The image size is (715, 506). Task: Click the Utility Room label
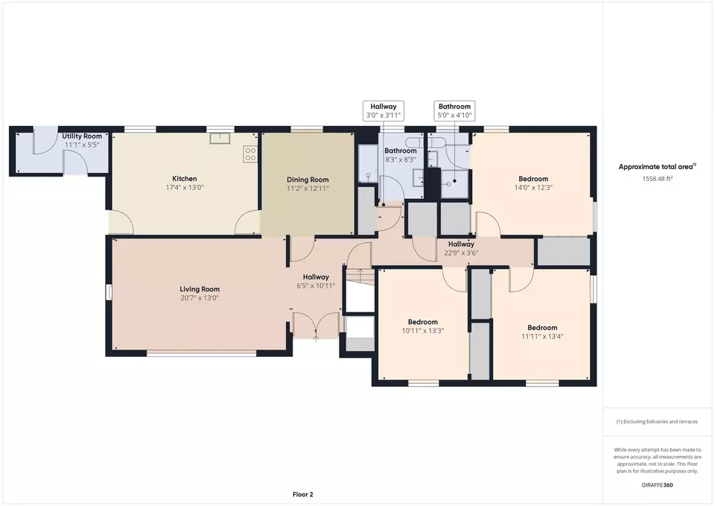(82, 136)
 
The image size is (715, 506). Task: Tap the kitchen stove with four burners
(250, 154)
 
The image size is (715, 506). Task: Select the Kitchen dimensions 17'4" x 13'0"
(185, 188)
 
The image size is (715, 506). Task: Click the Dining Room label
(308, 180)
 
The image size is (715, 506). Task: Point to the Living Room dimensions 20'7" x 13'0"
(200, 298)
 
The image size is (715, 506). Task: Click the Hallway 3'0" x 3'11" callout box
(384, 111)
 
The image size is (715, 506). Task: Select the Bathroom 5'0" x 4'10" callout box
(454, 111)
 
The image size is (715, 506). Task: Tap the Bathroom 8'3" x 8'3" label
(401, 155)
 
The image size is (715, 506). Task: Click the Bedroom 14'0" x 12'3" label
(533, 183)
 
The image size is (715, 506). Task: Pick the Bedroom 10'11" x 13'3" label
(423, 326)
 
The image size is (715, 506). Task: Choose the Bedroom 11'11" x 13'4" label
(542, 332)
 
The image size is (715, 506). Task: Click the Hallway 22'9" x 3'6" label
(461, 249)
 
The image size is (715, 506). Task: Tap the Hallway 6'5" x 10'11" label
(316, 281)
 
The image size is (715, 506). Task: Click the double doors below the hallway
(316, 326)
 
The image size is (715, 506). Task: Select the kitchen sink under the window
(220, 139)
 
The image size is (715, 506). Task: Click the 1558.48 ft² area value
(658, 178)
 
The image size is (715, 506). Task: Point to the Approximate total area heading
(657, 166)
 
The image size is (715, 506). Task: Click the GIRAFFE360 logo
(657, 485)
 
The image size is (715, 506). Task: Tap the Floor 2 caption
(303, 494)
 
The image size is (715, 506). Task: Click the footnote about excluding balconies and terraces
(657, 422)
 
